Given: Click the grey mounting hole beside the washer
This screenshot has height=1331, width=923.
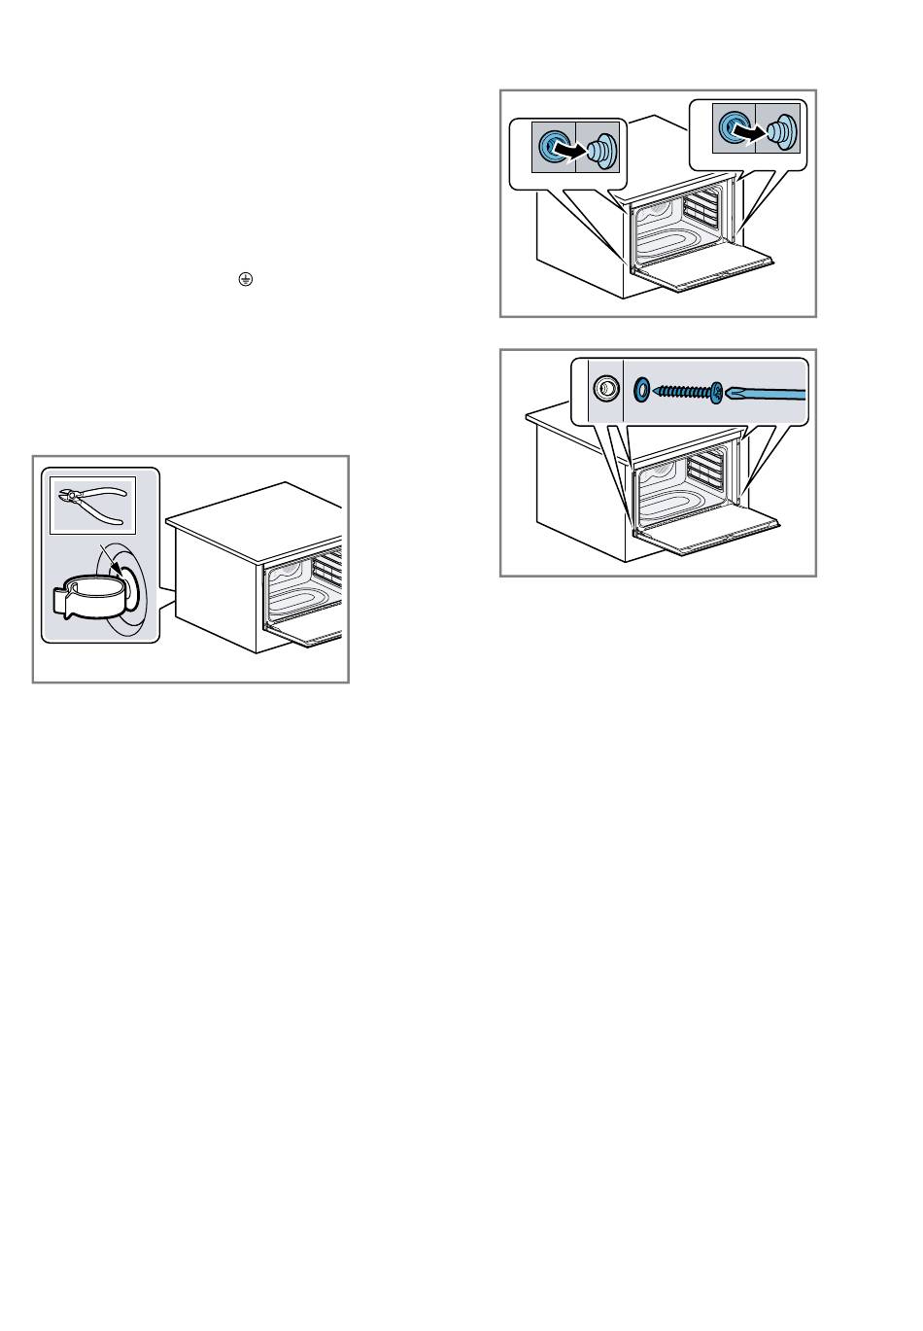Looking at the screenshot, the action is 604,389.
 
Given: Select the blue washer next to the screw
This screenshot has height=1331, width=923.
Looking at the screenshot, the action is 641,390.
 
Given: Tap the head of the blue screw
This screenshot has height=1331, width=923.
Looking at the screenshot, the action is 717,393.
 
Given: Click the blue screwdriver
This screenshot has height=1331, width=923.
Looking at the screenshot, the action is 768,393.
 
